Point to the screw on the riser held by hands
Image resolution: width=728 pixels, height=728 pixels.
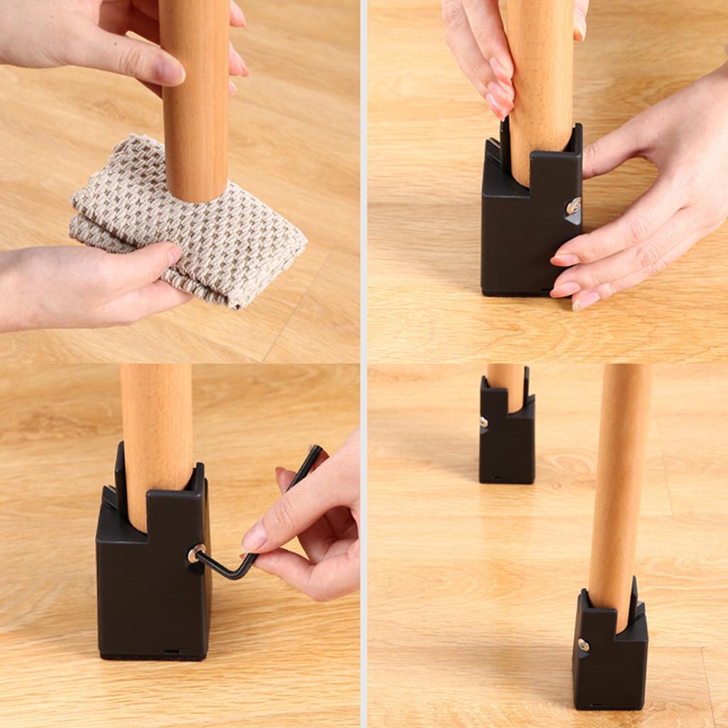(573, 206)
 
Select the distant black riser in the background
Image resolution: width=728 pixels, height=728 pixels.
(506, 441)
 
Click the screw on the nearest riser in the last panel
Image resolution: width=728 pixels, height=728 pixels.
(583, 646)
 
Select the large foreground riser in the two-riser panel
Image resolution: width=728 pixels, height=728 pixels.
(610, 658)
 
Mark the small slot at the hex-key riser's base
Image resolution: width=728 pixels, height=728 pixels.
(171, 651)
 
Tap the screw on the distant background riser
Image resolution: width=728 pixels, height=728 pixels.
(483, 422)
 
